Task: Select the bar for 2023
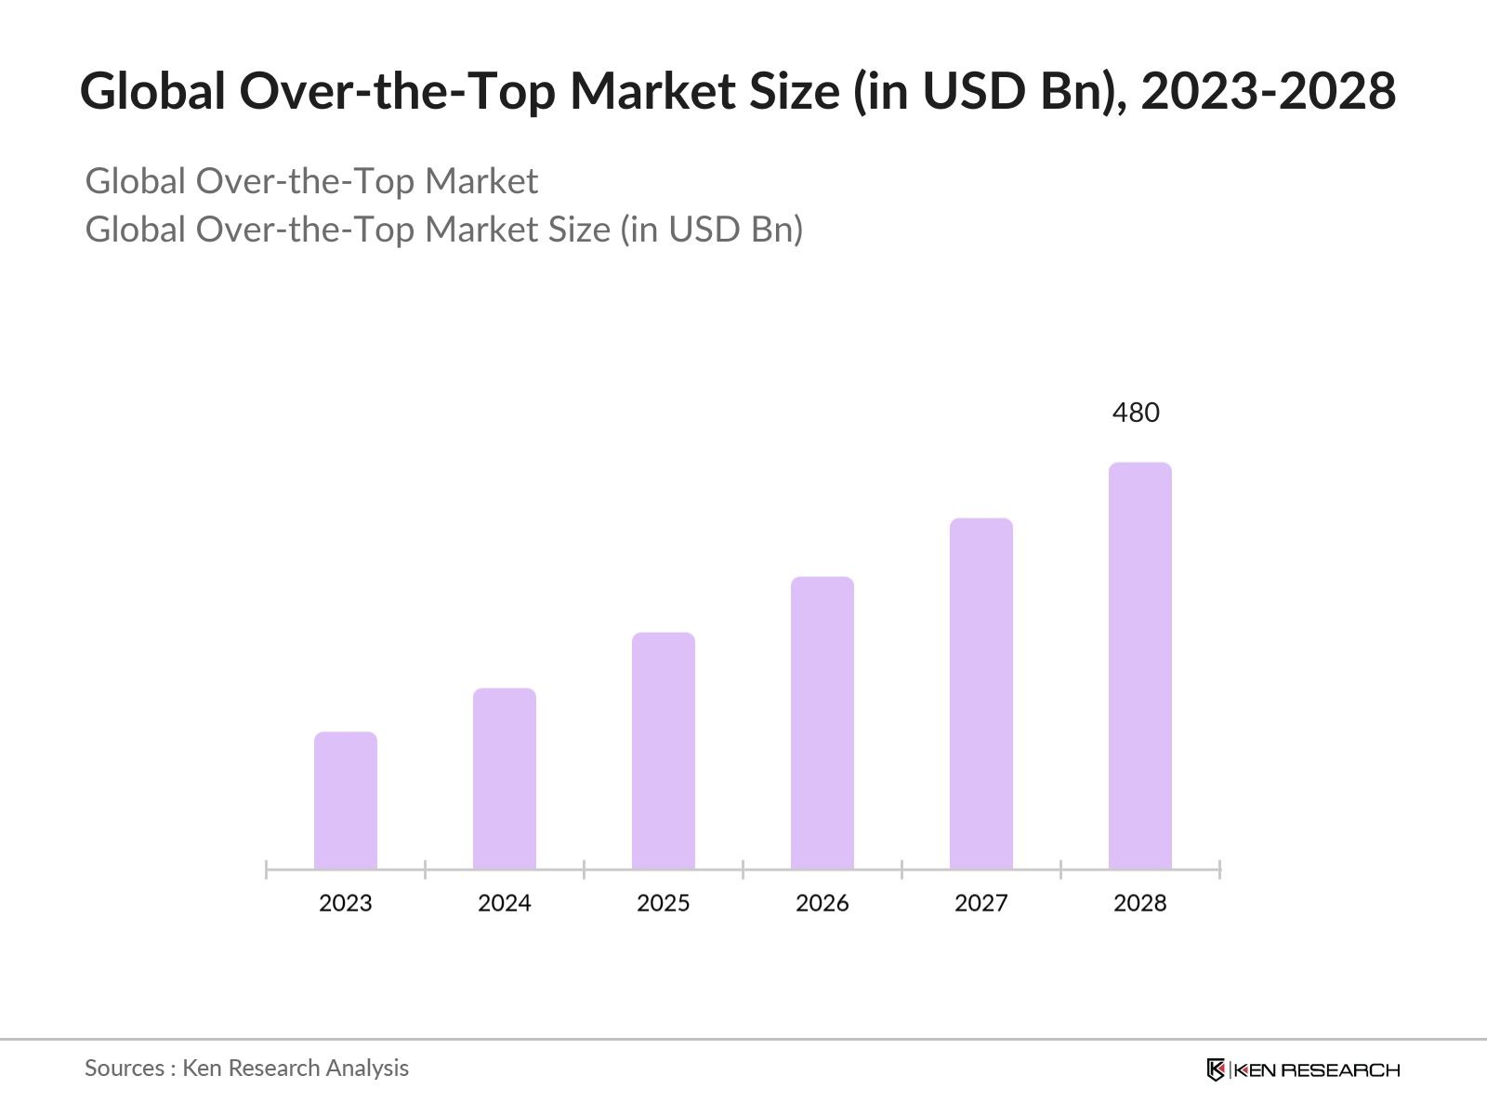(x=346, y=801)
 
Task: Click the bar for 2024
(x=505, y=779)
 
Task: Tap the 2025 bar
(x=664, y=751)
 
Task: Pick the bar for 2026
(x=822, y=723)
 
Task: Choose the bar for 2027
(x=981, y=694)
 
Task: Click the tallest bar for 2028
(x=1140, y=666)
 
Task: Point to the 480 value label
(x=1136, y=413)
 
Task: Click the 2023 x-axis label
(x=346, y=903)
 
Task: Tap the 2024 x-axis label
(x=505, y=903)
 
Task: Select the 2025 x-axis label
(x=664, y=903)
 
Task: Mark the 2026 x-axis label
(x=822, y=903)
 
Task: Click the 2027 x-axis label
(x=981, y=903)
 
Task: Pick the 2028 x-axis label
(x=1140, y=903)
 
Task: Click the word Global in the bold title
(x=153, y=91)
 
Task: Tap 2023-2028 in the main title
(x=1268, y=91)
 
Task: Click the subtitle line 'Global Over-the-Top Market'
(x=311, y=181)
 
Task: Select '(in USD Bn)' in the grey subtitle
(x=711, y=230)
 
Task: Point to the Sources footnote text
(x=246, y=1068)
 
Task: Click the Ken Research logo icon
(x=1216, y=1069)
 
